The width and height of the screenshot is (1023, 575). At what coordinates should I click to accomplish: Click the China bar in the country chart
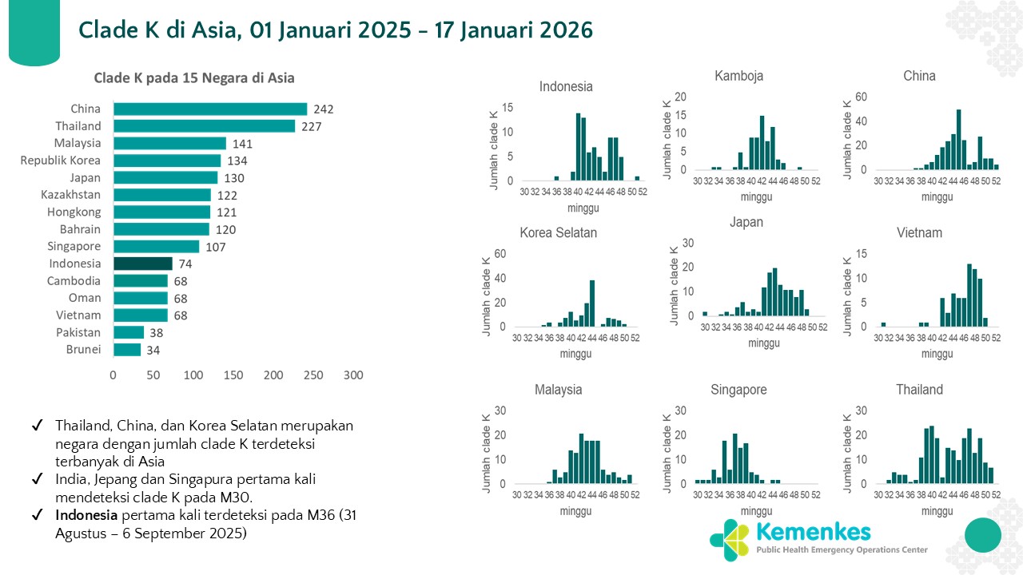click(x=210, y=109)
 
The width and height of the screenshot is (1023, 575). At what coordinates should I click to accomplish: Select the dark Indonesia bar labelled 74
click(x=142, y=264)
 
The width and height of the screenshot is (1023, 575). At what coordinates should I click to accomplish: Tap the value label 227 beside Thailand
click(x=312, y=126)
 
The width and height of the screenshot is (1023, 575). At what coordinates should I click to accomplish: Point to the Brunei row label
click(x=83, y=350)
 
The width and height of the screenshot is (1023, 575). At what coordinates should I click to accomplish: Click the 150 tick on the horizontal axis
click(x=233, y=375)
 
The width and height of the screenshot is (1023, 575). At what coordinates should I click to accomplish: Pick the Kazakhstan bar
click(x=162, y=195)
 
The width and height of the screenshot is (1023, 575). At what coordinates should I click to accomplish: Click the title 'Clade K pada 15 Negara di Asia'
click(x=194, y=78)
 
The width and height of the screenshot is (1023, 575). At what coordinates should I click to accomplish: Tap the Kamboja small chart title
click(x=738, y=76)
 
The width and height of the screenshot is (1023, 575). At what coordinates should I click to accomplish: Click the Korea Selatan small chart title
click(x=558, y=233)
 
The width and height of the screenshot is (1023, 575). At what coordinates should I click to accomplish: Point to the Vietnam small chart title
click(x=919, y=233)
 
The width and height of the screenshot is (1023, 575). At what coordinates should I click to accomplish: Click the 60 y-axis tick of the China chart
click(x=860, y=97)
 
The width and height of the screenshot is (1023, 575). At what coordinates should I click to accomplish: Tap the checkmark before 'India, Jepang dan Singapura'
click(x=38, y=479)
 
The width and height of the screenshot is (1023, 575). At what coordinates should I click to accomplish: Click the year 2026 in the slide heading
click(x=556, y=30)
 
